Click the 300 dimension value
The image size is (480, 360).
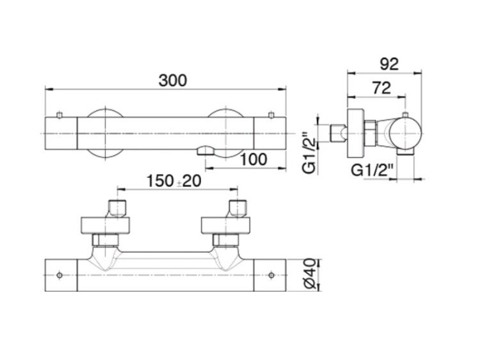click(x=172, y=81)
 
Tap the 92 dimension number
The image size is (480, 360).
click(x=389, y=64)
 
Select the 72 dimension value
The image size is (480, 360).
click(x=381, y=88)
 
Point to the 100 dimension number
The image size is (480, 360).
click(x=253, y=159)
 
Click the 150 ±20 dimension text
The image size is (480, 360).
click(x=174, y=181)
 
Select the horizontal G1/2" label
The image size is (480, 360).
click(x=372, y=170)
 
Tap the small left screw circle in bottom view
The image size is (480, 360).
click(x=60, y=276)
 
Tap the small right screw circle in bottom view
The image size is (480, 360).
click(x=271, y=276)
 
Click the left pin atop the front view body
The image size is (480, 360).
click(x=60, y=115)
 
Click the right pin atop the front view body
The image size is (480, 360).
click(x=271, y=115)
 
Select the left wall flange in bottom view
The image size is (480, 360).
click(x=106, y=226)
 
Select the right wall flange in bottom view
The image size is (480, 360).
click(x=226, y=226)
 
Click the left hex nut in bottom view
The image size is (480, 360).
click(x=106, y=240)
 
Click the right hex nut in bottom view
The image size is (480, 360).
click(x=226, y=240)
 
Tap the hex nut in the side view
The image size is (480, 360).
click(x=370, y=134)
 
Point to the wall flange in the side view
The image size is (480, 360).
click(x=355, y=134)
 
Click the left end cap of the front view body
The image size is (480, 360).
click(x=61, y=134)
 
